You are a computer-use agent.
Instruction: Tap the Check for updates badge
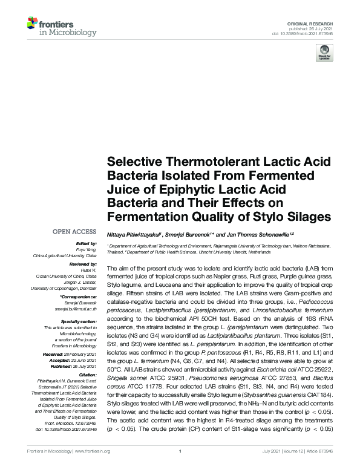click(324, 53)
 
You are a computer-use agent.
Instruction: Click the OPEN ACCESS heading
click(74, 232)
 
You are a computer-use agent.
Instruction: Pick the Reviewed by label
click(83, 265)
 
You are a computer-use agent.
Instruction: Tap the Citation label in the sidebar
click(88, 374)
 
